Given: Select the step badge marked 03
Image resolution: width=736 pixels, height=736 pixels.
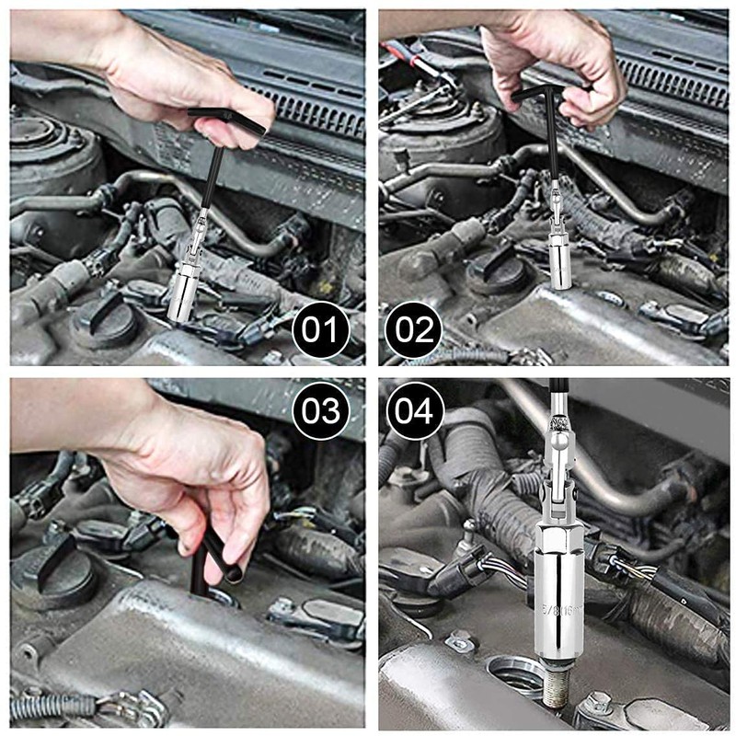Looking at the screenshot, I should (321, 409).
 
